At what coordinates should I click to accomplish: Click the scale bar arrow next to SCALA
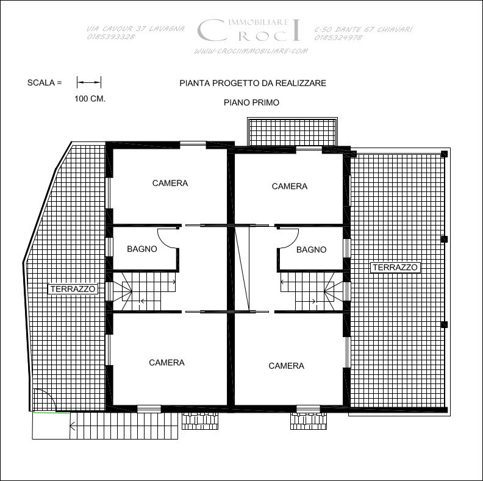pos(89,82)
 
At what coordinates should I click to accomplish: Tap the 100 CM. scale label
pos(90,99)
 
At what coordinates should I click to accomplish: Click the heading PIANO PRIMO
pos(251,102)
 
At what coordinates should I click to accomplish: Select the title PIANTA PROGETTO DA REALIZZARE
pos(252,83)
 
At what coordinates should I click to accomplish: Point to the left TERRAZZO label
pos(73,289)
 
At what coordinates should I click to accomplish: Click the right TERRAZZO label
pos(395,267)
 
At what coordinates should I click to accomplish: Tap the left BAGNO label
pos(142,249)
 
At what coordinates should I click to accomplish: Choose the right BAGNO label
pos(311,249)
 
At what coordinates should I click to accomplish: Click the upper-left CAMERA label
pos(170,183)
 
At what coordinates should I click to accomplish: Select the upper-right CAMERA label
pos(290,187)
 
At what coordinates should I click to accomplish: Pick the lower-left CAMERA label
pos(166,363)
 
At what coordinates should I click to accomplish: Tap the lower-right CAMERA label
pos(286,366)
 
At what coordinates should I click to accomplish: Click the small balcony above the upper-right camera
pos(292,132)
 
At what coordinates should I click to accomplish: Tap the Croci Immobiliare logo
pos(248,30)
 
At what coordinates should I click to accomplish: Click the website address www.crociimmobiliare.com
pos(251,51)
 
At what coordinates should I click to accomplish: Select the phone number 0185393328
pos(111,37)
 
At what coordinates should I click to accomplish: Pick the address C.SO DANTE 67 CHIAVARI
pos(363,29)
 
